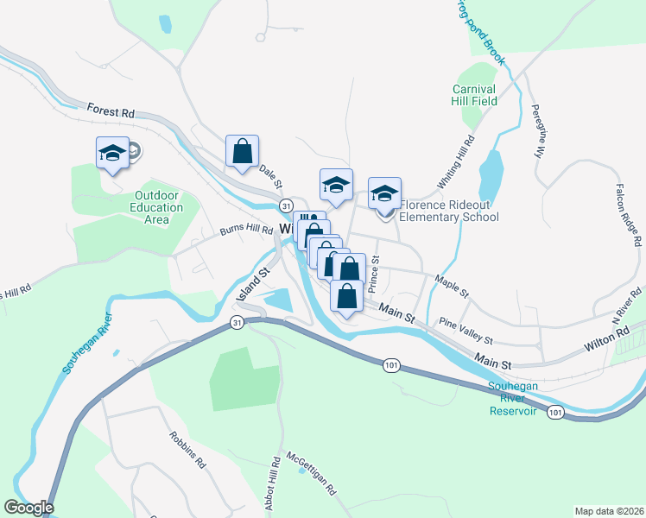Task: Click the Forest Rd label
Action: pyautogui.click(x=111, y=111)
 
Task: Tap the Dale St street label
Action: pyautogui.click(x=271, y=177)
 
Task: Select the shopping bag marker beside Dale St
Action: pyautogui.click(x=243, y=151)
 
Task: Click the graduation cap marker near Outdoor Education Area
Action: pyautogui.click(x=112, y=154)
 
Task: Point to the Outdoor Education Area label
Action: pyautogui.click(x=156, y=207)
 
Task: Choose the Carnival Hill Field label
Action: pyautogui.click(x=474, y=95)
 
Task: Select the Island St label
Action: pyautogui.click(x=254, y=283)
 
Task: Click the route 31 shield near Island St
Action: pyautogui.click(x=236, y=322)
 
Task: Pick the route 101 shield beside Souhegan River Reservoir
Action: pyautogui.click(x=554, y=413)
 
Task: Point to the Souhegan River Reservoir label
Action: pyautogui.click(x=513, y=398)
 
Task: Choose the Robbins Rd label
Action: pyautogui.click(x=188, y=450)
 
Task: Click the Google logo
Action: pyautogui.click(x=28, y=508)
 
